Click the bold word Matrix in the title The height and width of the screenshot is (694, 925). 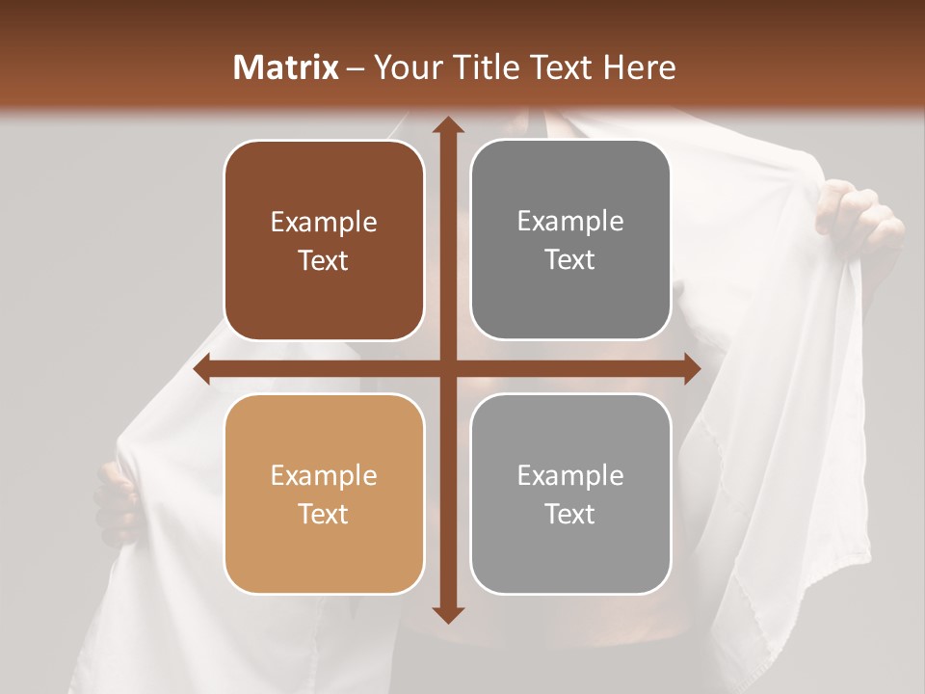click(286, 67)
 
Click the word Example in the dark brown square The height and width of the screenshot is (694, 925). click(324, 223)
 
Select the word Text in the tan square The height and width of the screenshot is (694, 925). click(324, 514)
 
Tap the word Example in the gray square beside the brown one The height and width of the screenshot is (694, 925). click(570, 222)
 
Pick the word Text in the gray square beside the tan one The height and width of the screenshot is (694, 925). click(570, 514)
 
